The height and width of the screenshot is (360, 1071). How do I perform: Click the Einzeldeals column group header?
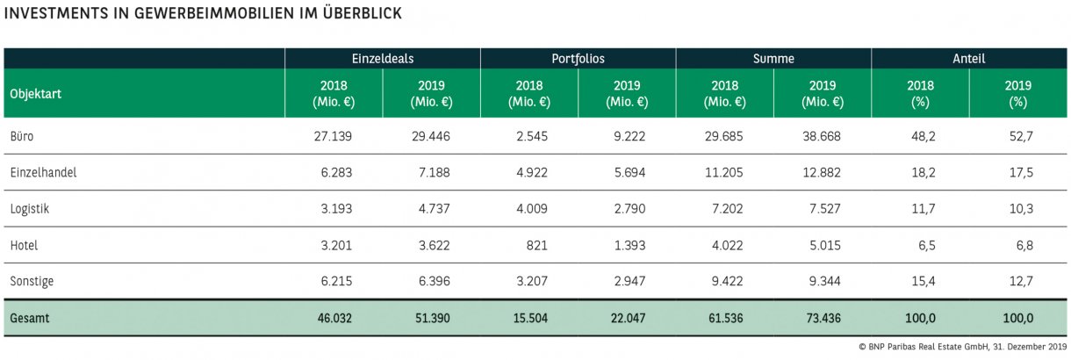[382, 59]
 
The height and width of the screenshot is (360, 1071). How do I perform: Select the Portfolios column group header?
[578, 59]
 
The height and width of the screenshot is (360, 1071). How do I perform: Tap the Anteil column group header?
[968, 59]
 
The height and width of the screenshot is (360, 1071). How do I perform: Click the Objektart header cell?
[34, 93]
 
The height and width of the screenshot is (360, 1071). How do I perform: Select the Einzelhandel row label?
[41, 173]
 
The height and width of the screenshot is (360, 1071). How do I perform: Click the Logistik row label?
[29, 209]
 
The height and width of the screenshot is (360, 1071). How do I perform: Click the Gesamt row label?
[30, 318]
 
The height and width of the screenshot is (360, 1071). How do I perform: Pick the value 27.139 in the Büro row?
[334, 137]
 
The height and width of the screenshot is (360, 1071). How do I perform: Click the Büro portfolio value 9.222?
[628, 137]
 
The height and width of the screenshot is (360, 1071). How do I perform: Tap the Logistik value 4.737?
[433, 209]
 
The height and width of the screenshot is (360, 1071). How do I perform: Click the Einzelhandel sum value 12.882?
[823, 173]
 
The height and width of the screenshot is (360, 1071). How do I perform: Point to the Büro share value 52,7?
[1019, 137]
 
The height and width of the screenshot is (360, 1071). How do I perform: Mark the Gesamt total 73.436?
[823, 318]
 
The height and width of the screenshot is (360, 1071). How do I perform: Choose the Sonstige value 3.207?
[530, 281]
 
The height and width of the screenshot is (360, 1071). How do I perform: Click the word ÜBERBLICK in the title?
[348, 14]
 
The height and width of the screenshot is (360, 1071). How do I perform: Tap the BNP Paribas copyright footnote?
[963, 348]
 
